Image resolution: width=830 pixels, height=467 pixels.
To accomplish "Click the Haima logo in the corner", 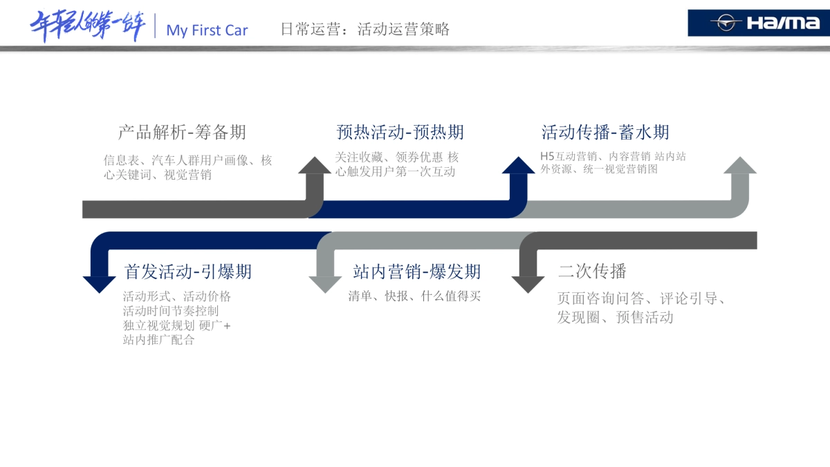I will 758,23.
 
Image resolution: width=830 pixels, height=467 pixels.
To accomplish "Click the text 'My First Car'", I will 207,30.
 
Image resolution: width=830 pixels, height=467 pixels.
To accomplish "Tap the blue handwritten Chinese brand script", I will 88,26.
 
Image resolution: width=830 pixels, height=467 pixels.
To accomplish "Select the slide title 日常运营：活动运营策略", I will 365,29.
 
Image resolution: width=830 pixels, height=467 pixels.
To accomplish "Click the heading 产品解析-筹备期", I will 182,132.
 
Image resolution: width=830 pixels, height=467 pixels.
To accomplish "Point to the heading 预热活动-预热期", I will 400,132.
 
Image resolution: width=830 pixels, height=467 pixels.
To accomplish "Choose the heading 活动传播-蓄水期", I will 605,132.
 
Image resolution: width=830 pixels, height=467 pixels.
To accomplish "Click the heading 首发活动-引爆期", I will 187,271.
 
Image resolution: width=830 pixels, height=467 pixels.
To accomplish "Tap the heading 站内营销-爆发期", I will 416,271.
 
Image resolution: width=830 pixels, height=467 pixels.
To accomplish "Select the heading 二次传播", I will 592,271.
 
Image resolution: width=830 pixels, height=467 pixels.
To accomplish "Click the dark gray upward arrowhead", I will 315,166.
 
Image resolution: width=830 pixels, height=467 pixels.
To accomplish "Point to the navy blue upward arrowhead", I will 518,166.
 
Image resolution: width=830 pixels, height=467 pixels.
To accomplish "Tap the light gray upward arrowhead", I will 740,166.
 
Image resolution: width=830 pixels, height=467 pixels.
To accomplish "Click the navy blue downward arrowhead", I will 100,284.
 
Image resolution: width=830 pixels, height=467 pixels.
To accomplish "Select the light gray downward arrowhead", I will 325,284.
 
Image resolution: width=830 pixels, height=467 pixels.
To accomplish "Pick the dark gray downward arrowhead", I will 528,284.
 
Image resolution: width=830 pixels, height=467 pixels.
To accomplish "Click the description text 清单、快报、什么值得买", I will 414,296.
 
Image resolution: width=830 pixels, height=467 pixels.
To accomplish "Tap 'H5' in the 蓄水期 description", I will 547,157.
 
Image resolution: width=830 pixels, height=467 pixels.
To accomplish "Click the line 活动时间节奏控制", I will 171,311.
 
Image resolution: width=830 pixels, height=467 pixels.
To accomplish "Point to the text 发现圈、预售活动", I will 615,318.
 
